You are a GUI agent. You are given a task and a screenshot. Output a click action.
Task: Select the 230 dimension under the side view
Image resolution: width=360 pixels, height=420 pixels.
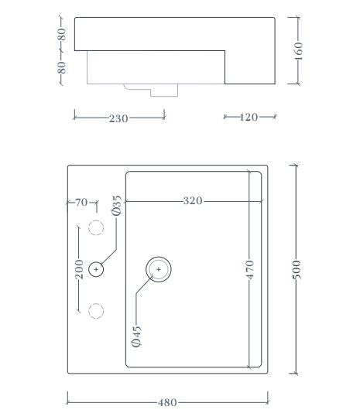pos(118,118)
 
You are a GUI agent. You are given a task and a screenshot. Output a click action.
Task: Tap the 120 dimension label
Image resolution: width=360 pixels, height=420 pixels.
pos(249,118)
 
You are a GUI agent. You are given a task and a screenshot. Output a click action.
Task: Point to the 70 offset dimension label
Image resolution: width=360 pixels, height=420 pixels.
pos(81,203)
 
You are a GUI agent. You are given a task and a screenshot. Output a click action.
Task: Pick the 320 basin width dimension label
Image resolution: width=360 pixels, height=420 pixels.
pos(193,201)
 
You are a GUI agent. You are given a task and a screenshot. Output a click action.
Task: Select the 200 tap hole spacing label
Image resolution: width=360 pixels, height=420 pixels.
pos(79,269)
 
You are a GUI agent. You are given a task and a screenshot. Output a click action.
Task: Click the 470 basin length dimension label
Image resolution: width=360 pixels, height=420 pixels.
pos(249,269)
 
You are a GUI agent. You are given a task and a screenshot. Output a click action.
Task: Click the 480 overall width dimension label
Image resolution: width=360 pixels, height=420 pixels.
pos(167,401)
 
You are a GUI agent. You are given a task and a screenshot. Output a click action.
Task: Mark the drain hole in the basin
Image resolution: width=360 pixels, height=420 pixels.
pos(158,269)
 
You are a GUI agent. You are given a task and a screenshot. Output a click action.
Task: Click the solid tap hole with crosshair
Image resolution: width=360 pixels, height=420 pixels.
pos(96,269)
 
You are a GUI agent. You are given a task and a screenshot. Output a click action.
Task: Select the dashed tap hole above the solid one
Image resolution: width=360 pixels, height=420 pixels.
pos(96,227)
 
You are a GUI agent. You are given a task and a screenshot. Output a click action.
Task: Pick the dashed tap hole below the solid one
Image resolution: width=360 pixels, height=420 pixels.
pos(96,310)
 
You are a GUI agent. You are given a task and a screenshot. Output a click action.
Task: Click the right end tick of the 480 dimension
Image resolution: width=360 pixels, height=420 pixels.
pos(268,400)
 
